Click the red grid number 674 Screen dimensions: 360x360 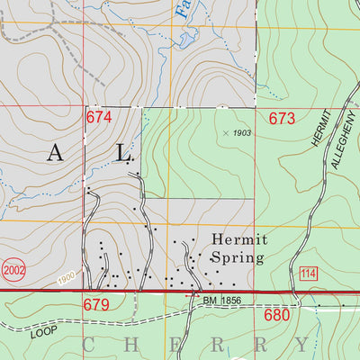pyautogui.click(x=99, y=118)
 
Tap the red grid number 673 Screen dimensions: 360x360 pyautogui.click(x=282, y=118)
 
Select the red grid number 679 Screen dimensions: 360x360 pyautogui.click(x=97, y=305)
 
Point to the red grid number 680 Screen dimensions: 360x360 pyautogui.click(x=279, y=316)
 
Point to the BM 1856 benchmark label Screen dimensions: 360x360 pyautogui.click(x=223, y=300)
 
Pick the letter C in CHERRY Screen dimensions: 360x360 pyautogui.click(x=90, y=344)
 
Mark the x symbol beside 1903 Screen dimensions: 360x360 pyautogui.click(x=224, y=132)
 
